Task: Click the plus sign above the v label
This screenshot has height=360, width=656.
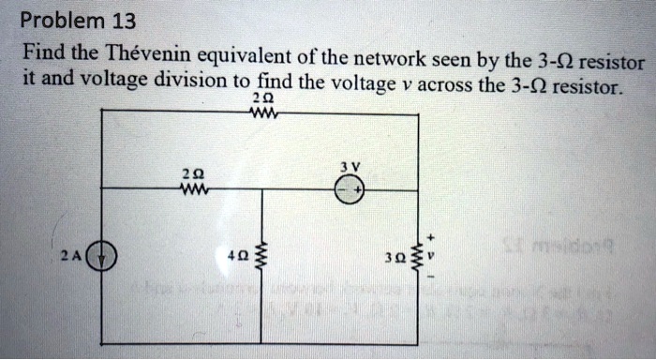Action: tap(432, 236)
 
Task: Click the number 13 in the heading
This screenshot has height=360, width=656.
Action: tap(115, 21)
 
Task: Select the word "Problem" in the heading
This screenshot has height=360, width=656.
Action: tap(54, 21)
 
